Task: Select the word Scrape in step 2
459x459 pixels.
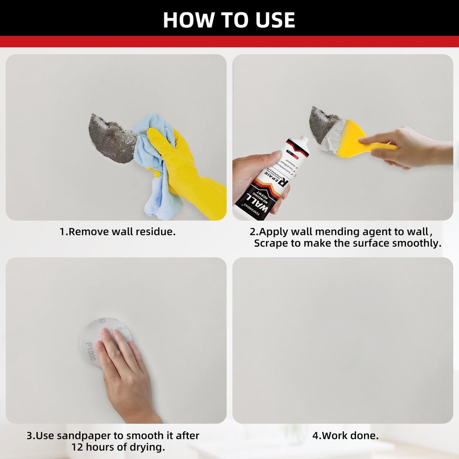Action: (270, 243)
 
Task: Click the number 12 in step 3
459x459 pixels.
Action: (78, 447)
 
